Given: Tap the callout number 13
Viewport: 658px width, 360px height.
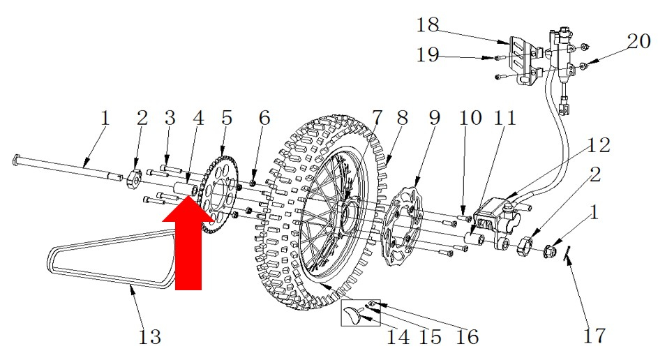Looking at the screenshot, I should pos(149,336).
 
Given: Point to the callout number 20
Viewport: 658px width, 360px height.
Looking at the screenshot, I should pos(638,41).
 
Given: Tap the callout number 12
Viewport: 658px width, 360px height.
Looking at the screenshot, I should pos(598,146).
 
